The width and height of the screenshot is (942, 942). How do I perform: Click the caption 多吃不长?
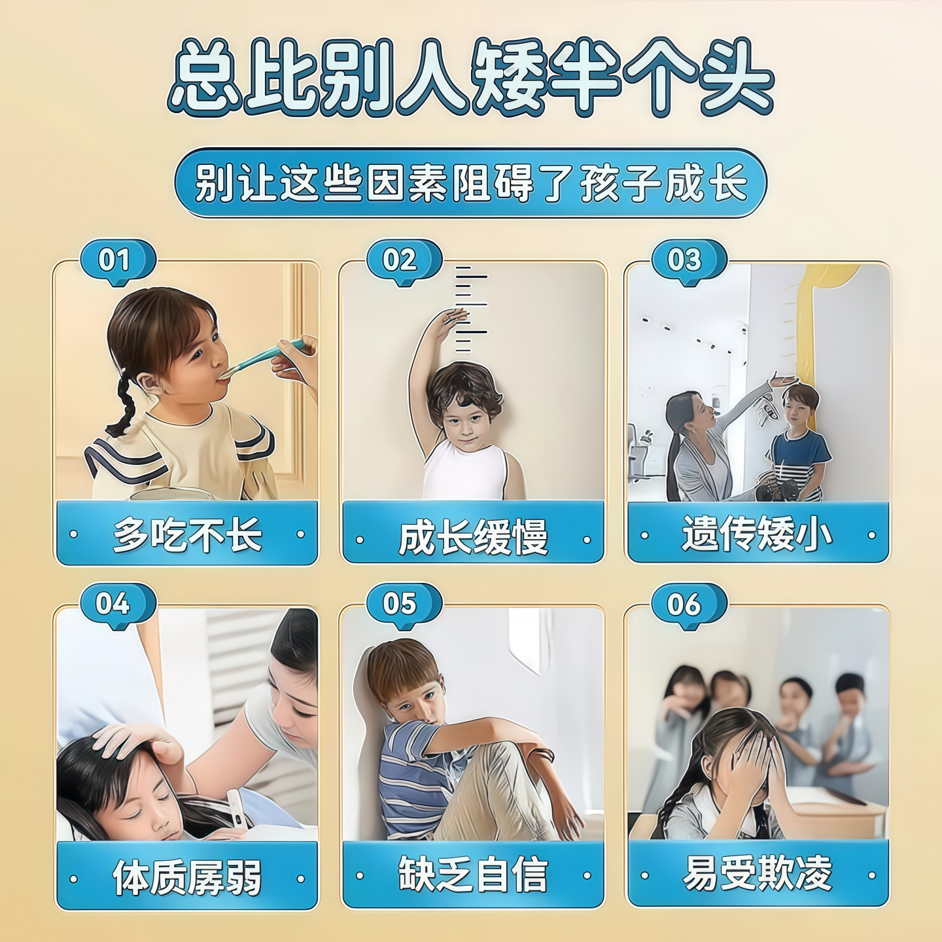187,534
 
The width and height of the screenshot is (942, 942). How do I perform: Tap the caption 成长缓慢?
472,537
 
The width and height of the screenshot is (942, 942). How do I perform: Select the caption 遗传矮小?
758,534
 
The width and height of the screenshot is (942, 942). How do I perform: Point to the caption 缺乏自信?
472,875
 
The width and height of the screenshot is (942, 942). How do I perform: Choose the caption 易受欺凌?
758,873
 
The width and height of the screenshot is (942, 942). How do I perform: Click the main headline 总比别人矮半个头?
471,77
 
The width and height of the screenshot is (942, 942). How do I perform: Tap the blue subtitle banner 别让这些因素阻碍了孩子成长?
471,183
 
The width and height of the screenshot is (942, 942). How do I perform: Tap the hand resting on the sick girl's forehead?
134,741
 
